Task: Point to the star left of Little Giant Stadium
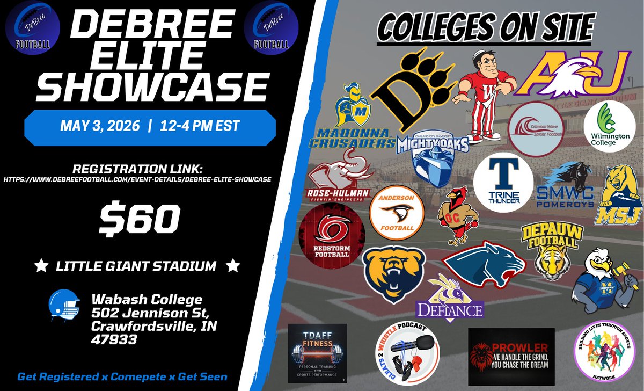(x=39, y=265)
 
